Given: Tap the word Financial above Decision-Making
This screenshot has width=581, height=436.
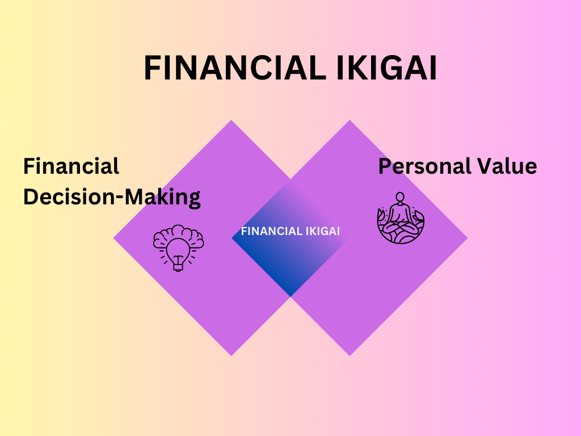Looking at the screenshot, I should (71, 166).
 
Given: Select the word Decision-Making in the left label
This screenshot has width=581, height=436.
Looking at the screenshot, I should (112, 197).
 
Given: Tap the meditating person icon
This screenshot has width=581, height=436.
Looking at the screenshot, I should (401, 218).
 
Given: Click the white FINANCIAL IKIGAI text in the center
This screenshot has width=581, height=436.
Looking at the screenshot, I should (290, 231).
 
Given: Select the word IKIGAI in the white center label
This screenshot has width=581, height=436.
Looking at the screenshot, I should (321, 231).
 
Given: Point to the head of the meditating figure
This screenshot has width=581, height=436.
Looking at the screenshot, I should (401, 198).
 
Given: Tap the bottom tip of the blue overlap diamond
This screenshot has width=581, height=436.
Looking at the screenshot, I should (290, 295).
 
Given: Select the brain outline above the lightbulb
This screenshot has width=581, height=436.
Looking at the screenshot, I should (178, 234).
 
